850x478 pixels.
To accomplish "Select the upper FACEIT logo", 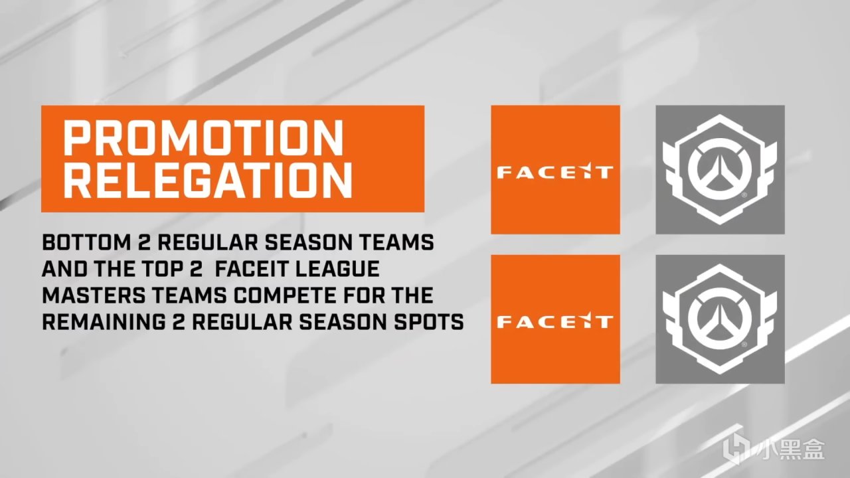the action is (555, 172).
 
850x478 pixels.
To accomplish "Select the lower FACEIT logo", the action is (555, 321).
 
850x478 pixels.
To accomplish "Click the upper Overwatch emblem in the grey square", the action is (720, 169).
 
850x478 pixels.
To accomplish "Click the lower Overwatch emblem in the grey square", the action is (720, 319).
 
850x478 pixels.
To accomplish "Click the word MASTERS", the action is (94, 295).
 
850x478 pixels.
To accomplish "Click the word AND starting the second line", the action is (64, 269).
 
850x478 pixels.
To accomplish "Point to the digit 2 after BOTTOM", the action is (144, 242).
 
